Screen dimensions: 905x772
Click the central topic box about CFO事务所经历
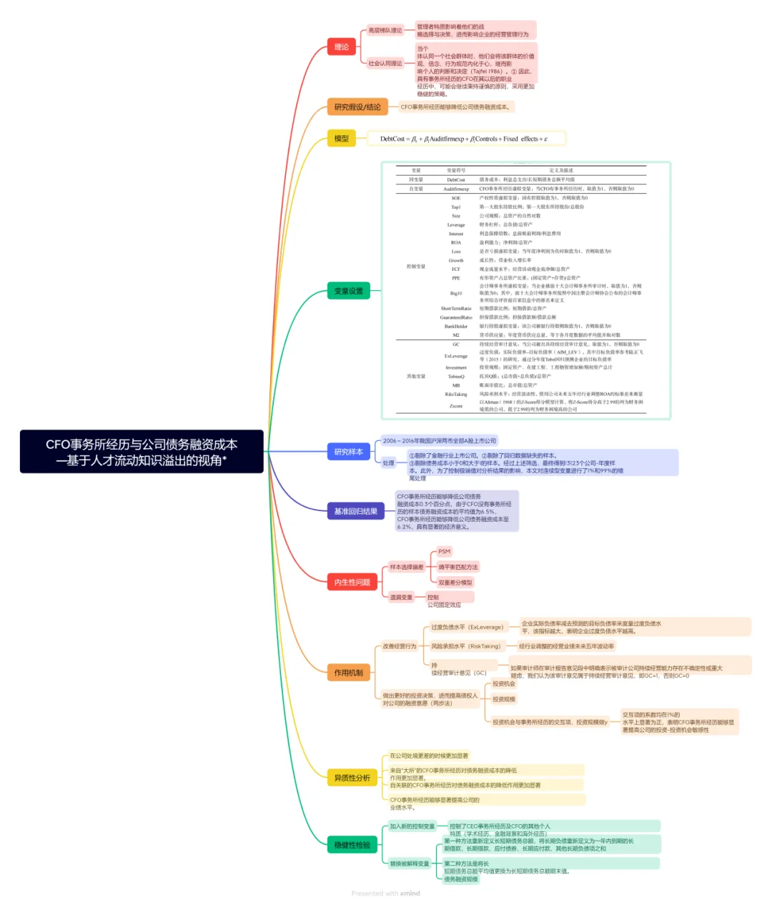point(142,452)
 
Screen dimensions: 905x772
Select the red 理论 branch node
point(342,47)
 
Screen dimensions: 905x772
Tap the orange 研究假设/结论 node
point(357,107)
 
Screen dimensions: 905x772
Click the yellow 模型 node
point(342,139)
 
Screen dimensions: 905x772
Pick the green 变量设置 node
point(349,291)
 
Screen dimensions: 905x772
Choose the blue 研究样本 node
point(349,452)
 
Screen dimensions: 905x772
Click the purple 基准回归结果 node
point(355,511)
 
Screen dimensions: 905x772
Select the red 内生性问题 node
point(352,582)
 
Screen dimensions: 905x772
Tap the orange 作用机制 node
point(349,673)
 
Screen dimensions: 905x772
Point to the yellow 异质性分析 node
point(352,778)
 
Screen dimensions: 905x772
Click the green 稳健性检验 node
point(352,845)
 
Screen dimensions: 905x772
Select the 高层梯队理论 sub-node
point(385,31)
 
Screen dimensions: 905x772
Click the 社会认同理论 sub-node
point(385,64)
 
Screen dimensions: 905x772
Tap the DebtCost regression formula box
point(465,139)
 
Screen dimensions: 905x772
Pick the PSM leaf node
point(445,551)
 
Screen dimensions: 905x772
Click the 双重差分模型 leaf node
point(455,583)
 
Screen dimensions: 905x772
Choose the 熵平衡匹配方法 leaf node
point(458,567)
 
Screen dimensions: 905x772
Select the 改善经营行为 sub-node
point(400,646)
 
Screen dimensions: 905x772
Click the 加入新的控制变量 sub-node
point(412,826)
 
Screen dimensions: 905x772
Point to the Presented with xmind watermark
point(386,894)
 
